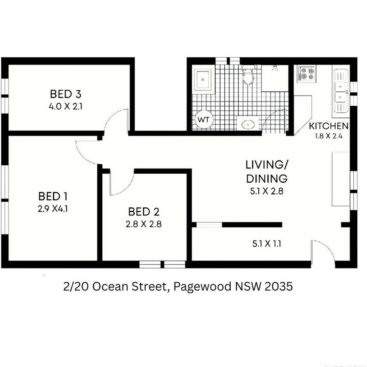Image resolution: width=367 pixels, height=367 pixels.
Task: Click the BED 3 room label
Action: pos(65,93)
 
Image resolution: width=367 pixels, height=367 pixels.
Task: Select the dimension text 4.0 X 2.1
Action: pos(65,106)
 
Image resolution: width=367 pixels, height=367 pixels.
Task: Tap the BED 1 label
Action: pos(53,196)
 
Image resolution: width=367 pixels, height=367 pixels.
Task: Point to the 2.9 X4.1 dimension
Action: pos(53,209)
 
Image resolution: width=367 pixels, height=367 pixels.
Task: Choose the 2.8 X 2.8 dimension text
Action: pos(143,224)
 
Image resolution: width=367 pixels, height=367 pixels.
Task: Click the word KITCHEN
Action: pos(329,126)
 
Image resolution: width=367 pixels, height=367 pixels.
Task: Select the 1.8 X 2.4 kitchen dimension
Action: pos(329,136)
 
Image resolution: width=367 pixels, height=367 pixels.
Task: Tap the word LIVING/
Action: pos(266,165)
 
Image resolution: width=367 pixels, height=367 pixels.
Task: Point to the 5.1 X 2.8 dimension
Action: pos(266,191)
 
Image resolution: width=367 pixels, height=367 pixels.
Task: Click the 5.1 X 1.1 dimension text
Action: pos(266,244)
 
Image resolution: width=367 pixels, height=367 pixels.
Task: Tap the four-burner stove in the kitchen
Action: pos(306,73)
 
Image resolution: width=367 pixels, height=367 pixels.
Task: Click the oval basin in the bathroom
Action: pos(248,124)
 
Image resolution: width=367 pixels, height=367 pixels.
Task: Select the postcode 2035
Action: pos(278,287)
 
